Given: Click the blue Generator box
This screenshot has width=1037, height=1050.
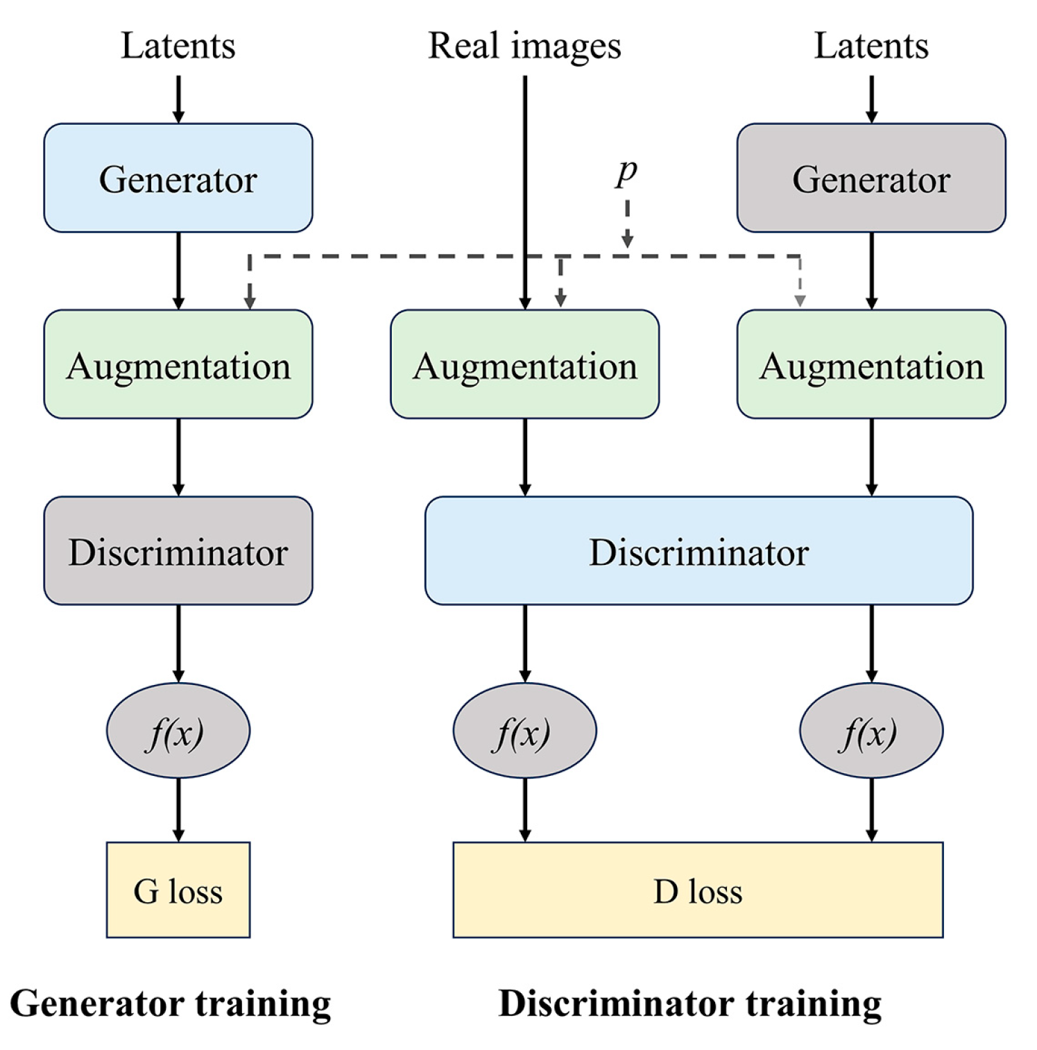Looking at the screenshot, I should (178, 178).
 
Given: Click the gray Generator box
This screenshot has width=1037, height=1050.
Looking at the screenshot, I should (871, 178).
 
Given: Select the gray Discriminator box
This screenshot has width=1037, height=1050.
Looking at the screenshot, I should (178, 551).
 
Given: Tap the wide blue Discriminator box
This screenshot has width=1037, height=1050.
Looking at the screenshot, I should (698, 551).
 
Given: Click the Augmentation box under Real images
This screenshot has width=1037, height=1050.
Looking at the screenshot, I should (524, 364).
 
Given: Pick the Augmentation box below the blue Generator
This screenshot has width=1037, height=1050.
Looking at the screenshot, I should (178, 364).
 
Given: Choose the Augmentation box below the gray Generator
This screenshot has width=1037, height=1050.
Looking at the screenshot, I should (871, 364).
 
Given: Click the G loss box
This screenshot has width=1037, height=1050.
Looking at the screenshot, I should (178, 890).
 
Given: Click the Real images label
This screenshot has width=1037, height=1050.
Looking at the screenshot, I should (524, 46).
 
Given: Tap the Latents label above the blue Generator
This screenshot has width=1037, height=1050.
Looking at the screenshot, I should (178, 46).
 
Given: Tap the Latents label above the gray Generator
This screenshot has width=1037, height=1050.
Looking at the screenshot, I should (871, 46).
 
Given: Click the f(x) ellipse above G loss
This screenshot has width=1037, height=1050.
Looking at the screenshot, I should (178, 731).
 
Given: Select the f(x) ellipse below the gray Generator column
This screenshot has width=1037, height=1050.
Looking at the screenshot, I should (871, 731).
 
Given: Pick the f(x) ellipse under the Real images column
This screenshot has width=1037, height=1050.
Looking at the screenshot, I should (524, 731).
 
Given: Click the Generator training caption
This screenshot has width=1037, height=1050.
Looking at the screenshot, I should (171, 1004).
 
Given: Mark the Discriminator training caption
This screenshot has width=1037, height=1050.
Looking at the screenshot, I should (689, 1004).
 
